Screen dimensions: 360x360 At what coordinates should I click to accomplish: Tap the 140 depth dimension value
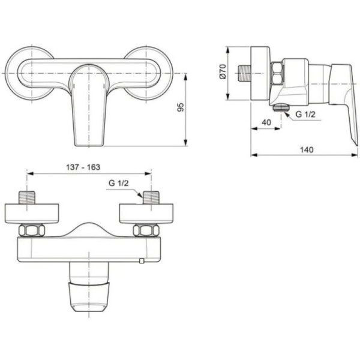pyautogui.click(x=308, y=149)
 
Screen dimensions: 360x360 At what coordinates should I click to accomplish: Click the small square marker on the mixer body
pyautogui.click(x=142, y=261)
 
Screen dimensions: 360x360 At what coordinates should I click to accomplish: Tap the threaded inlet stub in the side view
pyautogui.click(x=245, y=72)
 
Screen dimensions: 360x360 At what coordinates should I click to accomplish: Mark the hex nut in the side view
pyautogui.click(x=276, y=74)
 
